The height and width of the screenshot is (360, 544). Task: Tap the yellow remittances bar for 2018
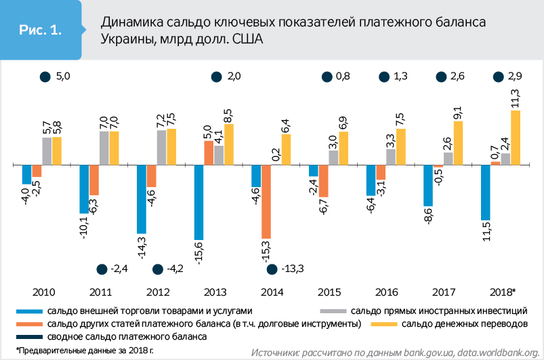point(516,138)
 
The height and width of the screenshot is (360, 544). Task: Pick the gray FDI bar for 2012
point(161,147)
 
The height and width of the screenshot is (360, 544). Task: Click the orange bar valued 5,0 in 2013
point(209,153)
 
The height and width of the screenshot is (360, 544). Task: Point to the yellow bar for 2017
point(458,143)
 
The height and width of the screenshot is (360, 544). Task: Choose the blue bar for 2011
point(84,189)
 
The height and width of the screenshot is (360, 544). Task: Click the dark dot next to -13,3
point(272,270)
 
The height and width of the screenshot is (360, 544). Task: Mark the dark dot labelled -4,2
point(157,270)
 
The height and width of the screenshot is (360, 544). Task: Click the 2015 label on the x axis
point(329,292)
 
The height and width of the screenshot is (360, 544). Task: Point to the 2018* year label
point(502,292)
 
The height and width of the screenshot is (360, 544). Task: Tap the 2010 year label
point(43,292)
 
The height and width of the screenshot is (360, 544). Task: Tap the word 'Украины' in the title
point(125,39)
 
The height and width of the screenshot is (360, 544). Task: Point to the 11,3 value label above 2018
point(516,99)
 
